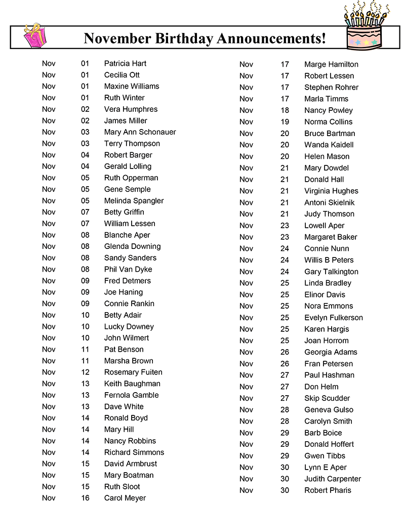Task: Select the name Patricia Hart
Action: point(125,63)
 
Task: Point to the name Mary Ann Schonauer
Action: point(140,132)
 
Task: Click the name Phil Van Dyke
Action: point(128,269)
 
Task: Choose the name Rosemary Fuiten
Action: point(133,372)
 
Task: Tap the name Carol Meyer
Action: point(125,498)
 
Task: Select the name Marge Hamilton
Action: point(331,64)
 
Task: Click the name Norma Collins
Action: point(328,122)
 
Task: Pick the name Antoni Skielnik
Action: point(329,202)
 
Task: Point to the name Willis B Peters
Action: point(329,260)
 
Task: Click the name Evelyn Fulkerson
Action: point(333,317)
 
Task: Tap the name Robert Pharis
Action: point(328,490)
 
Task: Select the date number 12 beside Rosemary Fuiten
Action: point(85,372)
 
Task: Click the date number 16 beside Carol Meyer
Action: point(85,498)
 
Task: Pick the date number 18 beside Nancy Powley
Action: point(285,110)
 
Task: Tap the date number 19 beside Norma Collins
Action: point(285,122)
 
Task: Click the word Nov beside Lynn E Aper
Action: point(246,467)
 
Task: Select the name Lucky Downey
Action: point(129,326)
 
